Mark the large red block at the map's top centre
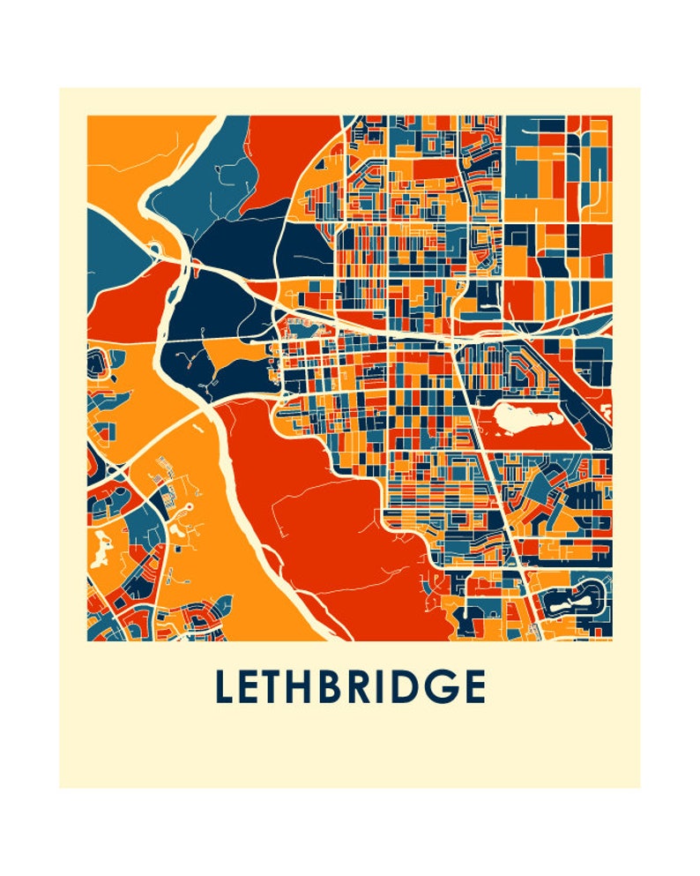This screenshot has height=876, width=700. tap(291, 150)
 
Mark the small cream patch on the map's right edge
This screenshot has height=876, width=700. tap(607, 411)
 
